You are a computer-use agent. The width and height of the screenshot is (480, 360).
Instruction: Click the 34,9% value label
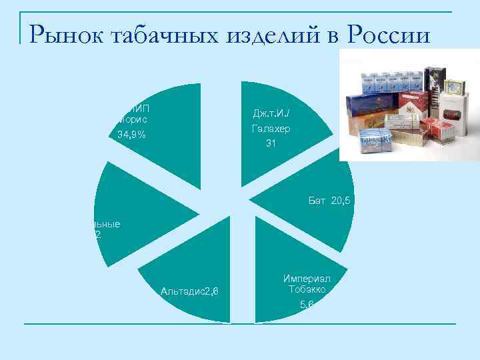(131, 135)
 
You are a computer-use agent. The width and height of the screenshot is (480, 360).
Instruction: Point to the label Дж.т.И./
(271, 113)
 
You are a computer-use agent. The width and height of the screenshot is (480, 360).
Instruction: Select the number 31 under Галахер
(271, 143)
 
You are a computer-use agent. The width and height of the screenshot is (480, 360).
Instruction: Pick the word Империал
(307, 277)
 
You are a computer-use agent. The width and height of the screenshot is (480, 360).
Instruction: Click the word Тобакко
(307, 289)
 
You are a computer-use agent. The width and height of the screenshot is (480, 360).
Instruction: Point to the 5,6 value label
(307, 305)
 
